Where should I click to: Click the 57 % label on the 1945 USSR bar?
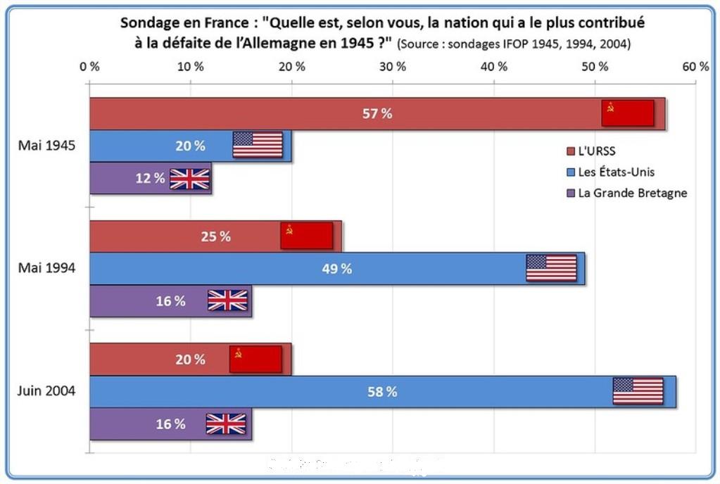pyautogui.click(x=377, y=114)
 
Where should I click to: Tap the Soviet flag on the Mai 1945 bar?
pyautogui.click(x=628, y=113)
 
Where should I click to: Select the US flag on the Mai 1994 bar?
pyautogui.click(x=551, y=268)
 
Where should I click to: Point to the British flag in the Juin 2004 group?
pyautogui.click(x=226, y=423)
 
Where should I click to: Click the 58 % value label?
pyautogui.click(x=382, y=392)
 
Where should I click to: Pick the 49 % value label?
pyautogui.click(x=337, y=269)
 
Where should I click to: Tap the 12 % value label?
pyautogui.click(x=150, y=179)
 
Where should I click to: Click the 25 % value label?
pyautogui.click(x=216, y=236)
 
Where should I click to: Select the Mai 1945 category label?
pyautogui.click(x=47, y=146)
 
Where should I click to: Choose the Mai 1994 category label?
pyautogui.click(x=47, y=268)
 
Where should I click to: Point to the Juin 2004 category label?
pyautogui.click(x=46, y=391)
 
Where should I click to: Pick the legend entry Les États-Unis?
pyautogui.click(x=615, y=172)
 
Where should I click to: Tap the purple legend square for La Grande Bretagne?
pyautogui.click(x=571, y=193)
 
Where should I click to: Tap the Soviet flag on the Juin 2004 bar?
pyautogui.click(x=255, y=359)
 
